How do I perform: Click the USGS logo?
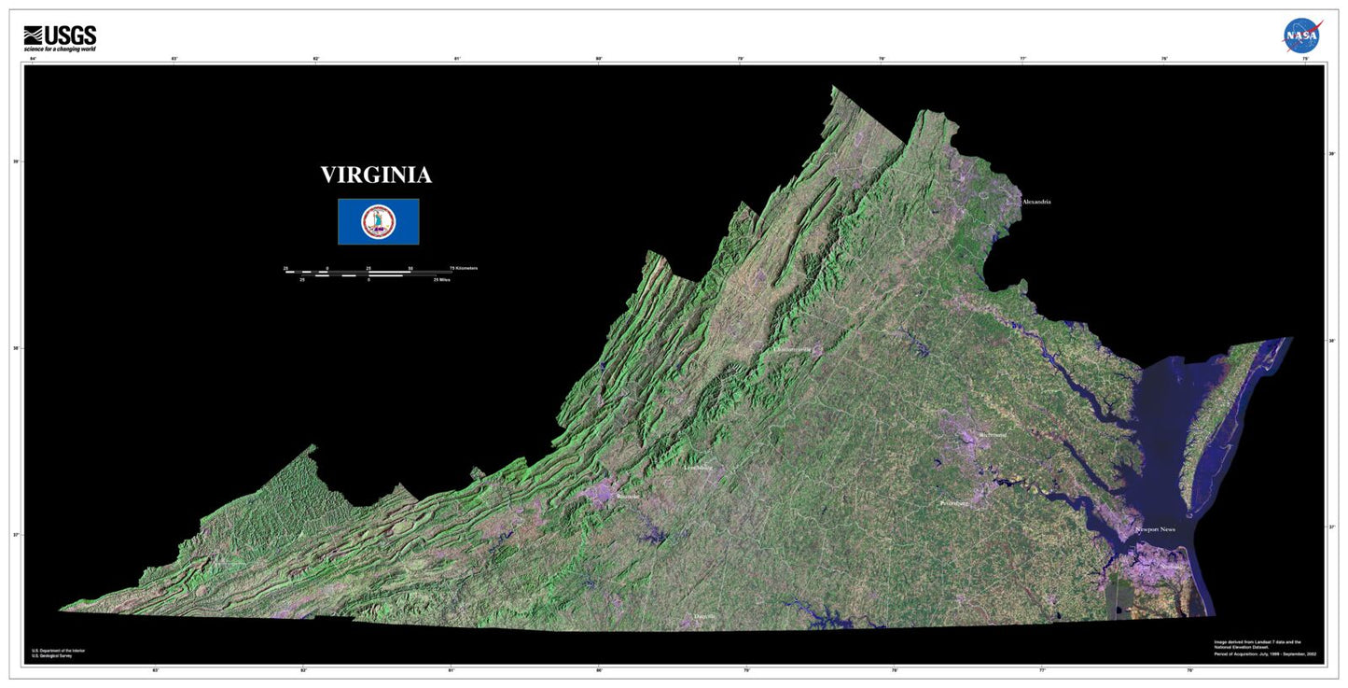pos(60,35)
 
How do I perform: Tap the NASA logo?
pos(1301,35)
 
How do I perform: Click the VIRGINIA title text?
pos(376,176)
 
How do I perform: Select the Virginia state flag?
pos(378,221)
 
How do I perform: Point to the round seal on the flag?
pos(378,221)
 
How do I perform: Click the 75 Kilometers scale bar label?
pos(464,268)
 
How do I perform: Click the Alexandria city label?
pos(1036,202)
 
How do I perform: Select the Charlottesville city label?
pos(799,350)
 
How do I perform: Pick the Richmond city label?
pos(993,435)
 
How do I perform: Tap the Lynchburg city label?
pos(704,468)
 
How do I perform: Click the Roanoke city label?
pos(628,497)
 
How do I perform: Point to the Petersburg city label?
pos(954,503)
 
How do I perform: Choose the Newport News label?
pos(1155,530)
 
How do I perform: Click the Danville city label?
pos(705,617)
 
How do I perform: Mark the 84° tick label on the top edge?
pos(33,59)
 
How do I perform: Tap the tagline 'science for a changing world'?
pos(60,49)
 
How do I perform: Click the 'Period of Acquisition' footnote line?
pos(1265,654)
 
